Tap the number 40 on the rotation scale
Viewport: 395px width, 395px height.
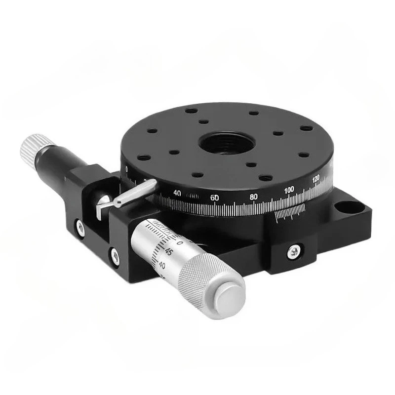coord(178,193)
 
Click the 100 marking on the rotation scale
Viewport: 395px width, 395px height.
coord(290,190)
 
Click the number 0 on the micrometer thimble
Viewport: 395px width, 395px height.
coord(179,242)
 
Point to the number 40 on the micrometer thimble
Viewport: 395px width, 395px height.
coord(161,265)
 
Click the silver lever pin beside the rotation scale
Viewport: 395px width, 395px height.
coord(135,193)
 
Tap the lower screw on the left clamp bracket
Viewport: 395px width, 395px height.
coord(115,255)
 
